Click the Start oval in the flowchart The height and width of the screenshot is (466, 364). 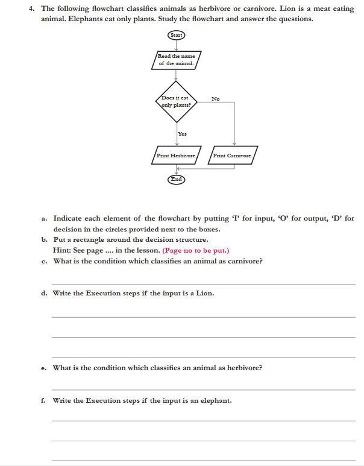click(x=176, y=35)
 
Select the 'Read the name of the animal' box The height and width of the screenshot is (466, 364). click(x=176, y=60)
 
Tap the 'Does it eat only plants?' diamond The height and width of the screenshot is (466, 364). click(x=176, y=100)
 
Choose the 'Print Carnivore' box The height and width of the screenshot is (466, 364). click(x=234, y=156)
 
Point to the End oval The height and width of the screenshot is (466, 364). click(x=176, y=179)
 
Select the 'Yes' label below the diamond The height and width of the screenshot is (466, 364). click(x=182, y=134)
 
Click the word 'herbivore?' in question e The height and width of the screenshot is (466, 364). click(x=242, y=367)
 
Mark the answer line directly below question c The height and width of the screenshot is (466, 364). click(x=203, y=283)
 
